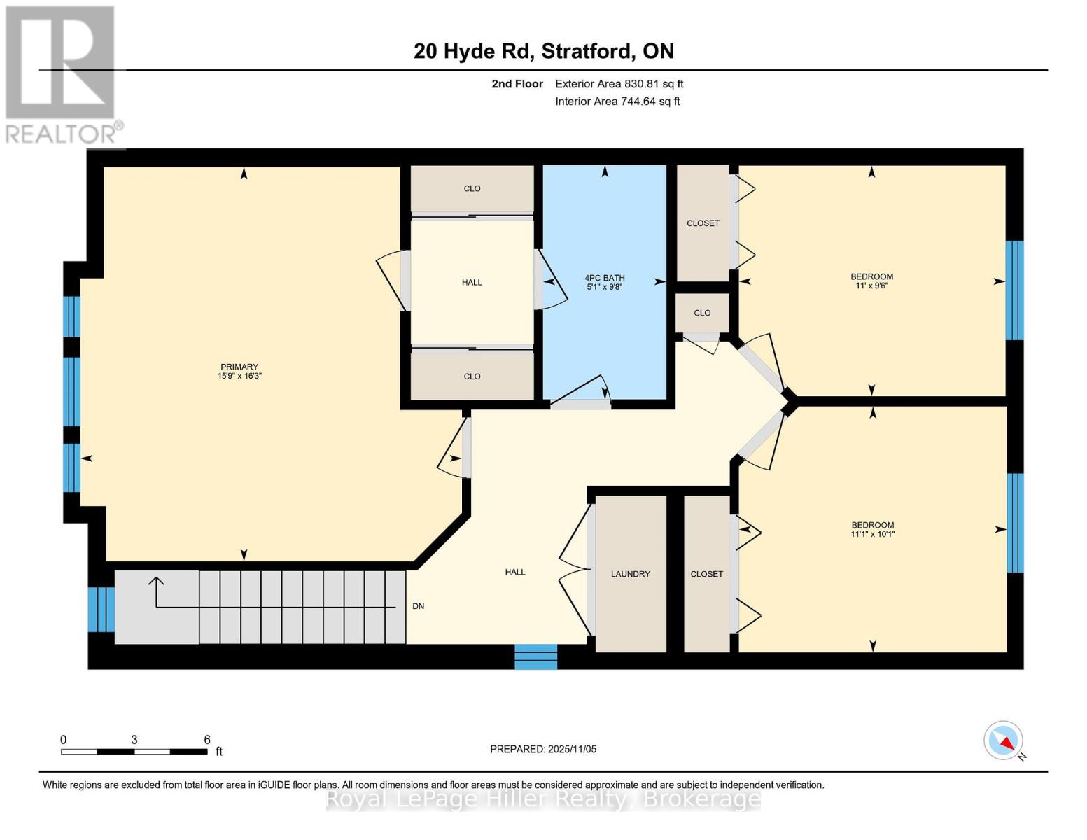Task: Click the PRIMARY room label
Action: click(x=239, y=367)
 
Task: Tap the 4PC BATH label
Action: click(x=605, y=278)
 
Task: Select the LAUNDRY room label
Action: click(x=630, y=574)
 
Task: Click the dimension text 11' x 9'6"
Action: click(x=871, y=286)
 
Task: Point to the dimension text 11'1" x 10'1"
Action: click(x=872, y=534)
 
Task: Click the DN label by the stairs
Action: click(x=418, y=606)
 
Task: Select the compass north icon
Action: click(x=1004, y=741)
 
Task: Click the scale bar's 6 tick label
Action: click(x=207, y=739)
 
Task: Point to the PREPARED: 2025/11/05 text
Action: click(x=543, y=749)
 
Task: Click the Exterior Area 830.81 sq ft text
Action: click(x=619, y=84)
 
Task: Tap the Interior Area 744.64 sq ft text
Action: click(x=617, y=101)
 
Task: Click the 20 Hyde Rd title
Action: click(x=544, y=51)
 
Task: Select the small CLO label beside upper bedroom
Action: click(x=702, y=313)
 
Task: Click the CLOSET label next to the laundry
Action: click(x=706, y=574)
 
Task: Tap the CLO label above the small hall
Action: click(x=472, y=188)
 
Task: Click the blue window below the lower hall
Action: click(x=536, y=657)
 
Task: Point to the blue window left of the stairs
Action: click(x=101, y=609)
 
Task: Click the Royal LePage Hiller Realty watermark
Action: click(x=543, y=799)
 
